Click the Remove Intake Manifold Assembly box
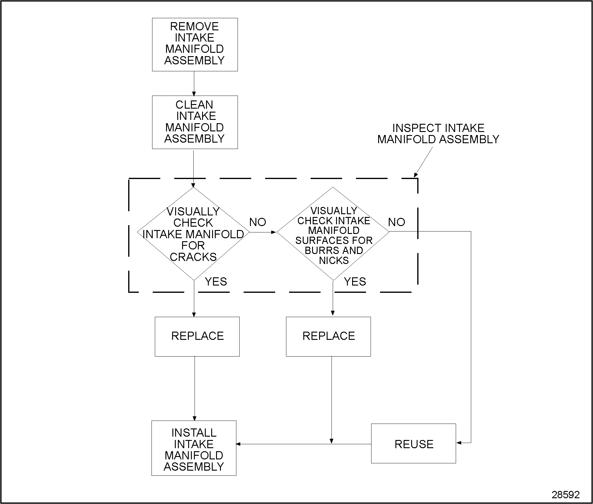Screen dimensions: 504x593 [x=195, y=44]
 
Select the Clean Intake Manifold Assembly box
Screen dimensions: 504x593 [x=195, y=122]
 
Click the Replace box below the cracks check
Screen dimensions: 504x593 [x=197, y=336]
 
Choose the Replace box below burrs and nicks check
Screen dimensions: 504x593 [x=328, y=336]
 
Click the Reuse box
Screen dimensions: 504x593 [x=413, y=444]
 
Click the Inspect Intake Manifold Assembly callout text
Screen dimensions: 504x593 [x=438, y=134]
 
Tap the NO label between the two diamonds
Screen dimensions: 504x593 [x=258, y=222]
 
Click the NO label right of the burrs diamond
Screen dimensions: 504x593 [x=396, y=222]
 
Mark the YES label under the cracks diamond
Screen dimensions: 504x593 [x=216, y=282]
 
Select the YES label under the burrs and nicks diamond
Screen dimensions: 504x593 [x=355, y=282]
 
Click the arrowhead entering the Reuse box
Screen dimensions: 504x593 [x=459, y=443]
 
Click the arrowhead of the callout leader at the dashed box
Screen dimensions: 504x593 [x=416, y=175]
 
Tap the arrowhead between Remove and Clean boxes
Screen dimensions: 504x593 [x=194, y=93]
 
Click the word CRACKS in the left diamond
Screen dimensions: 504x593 [x=193, y=257]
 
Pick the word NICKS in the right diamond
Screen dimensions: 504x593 [x=334, y=260]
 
